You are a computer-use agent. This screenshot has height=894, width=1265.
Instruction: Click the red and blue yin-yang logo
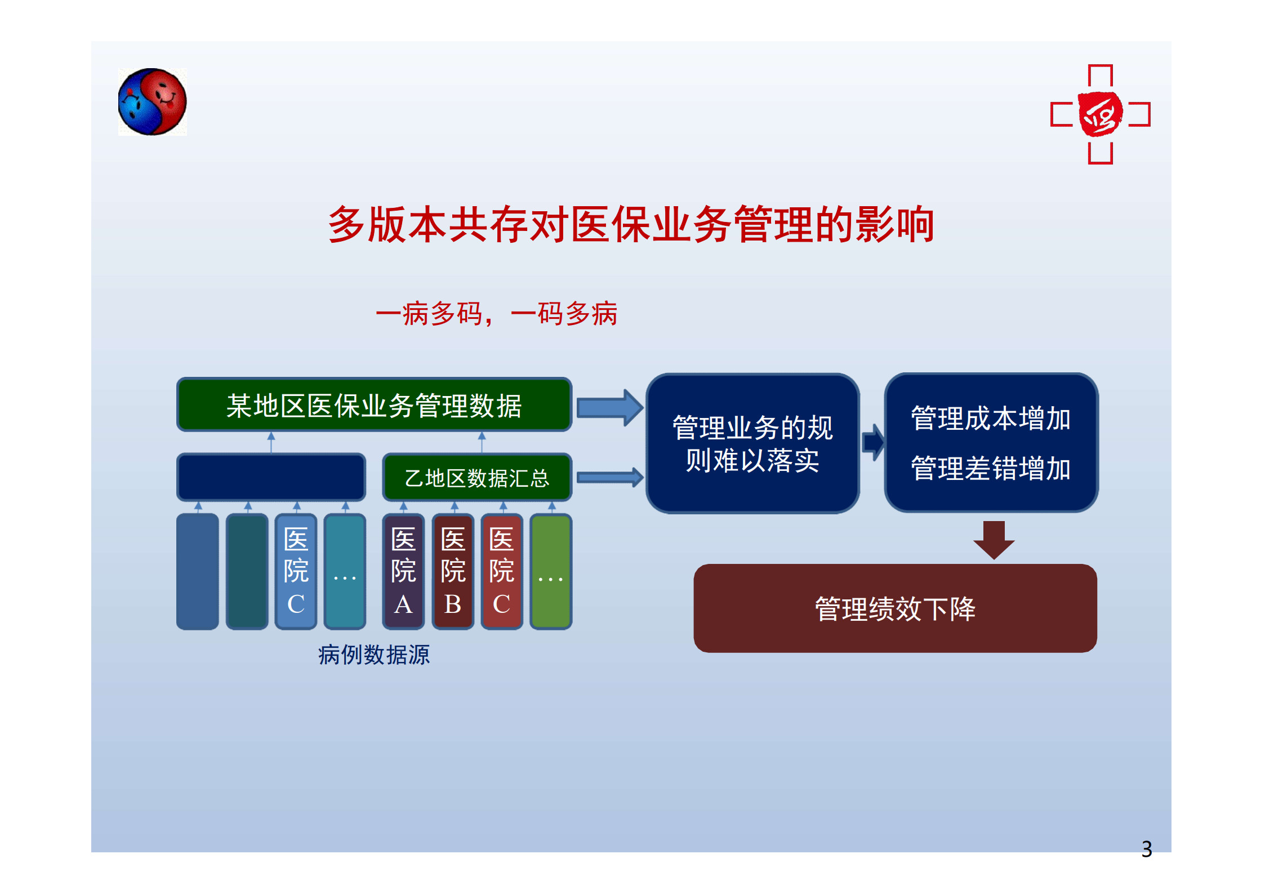point(152,102)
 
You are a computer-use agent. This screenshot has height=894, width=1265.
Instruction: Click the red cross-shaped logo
point(1100,114)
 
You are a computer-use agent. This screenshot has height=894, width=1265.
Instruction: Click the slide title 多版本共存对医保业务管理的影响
point(631,224)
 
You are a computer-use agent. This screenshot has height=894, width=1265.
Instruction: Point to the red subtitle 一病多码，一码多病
point(496,313)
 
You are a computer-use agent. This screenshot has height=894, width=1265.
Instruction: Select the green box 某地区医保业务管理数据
point(375,405)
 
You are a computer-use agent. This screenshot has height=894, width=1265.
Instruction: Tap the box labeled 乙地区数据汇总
point(477,477)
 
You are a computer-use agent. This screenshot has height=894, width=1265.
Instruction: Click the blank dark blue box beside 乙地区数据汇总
point(271,477)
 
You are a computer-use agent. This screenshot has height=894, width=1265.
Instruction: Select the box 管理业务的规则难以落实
point(752,443)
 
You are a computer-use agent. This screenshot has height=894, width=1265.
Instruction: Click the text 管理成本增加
point(991,419)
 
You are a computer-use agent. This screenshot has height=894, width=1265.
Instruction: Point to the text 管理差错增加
point(991,469)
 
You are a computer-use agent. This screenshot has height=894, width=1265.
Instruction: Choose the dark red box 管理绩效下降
point(895,608)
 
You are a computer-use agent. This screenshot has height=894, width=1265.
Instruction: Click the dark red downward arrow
point(994,540)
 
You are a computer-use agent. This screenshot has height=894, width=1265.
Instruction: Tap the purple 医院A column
point(403,571)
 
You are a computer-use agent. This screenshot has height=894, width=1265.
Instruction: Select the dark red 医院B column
point(453,571)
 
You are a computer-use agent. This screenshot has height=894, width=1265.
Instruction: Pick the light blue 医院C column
point(296,571)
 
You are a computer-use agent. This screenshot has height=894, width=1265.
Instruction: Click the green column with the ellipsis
point(551,571)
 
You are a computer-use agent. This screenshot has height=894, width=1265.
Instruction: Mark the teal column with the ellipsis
point(345,571)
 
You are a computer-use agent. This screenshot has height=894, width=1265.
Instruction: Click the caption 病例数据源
point(374,655)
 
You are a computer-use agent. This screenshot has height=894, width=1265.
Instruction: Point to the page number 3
point(1147,849)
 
